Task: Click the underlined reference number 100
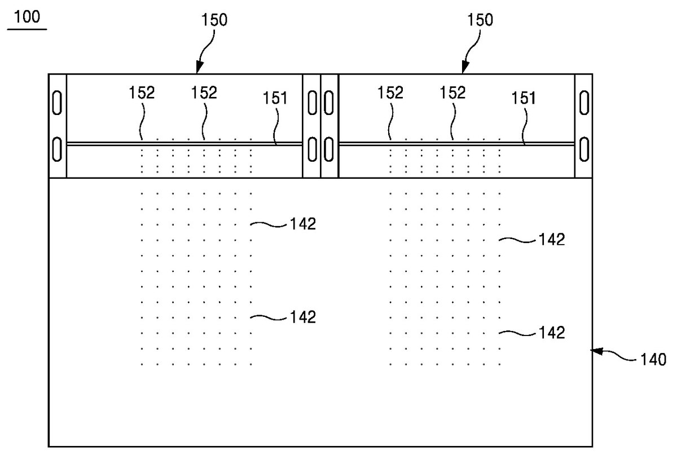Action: click(27, 16)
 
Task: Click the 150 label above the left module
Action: click(214, 20)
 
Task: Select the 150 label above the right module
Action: click(480, 20)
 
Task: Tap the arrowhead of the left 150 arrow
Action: click(200, 67)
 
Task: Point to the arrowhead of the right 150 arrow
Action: click(465, 67)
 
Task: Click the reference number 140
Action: click(653, 360)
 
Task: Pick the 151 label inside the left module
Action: click(275, 98)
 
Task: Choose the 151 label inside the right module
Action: click(523, 98)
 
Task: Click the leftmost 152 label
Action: click(142, 92)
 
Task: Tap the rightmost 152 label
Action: click(452, 92)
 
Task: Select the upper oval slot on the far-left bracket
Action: click(57, 103)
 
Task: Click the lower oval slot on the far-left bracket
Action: click(57, 149)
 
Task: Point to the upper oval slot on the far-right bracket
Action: click(584, 103)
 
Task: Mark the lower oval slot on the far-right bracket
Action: click(584, 149)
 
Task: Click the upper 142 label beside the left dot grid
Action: click(303, 224)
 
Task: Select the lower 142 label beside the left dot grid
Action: click(303, 317)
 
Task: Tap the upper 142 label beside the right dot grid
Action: click(552, 240)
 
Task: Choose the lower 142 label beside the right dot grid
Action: click(552, 333)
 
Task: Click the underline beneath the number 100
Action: click(27, 30)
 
